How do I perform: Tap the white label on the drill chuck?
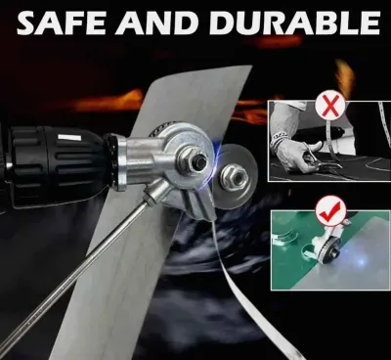68,138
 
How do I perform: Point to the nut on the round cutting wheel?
234,176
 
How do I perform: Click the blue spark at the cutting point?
217,154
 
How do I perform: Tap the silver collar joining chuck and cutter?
121,163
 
